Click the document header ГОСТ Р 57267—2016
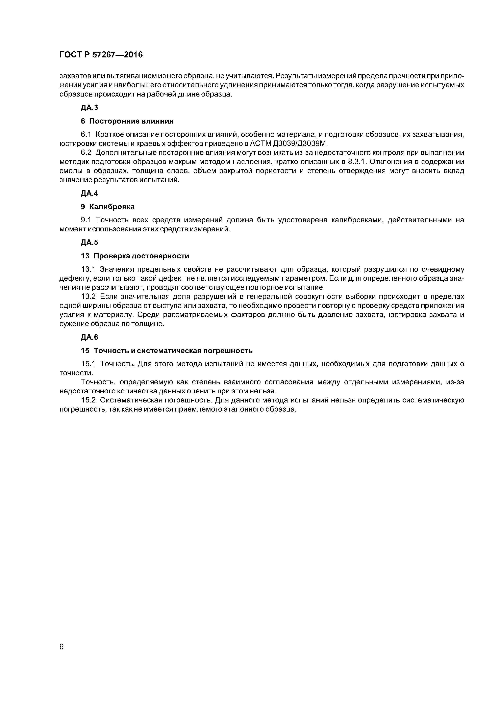(101, 55)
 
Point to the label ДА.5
(89, 242)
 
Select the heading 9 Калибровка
(108, 207)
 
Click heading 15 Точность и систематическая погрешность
(167, 351)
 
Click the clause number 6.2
(86, 153)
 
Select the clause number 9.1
(86, 220)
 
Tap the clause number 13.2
(89, 296)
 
